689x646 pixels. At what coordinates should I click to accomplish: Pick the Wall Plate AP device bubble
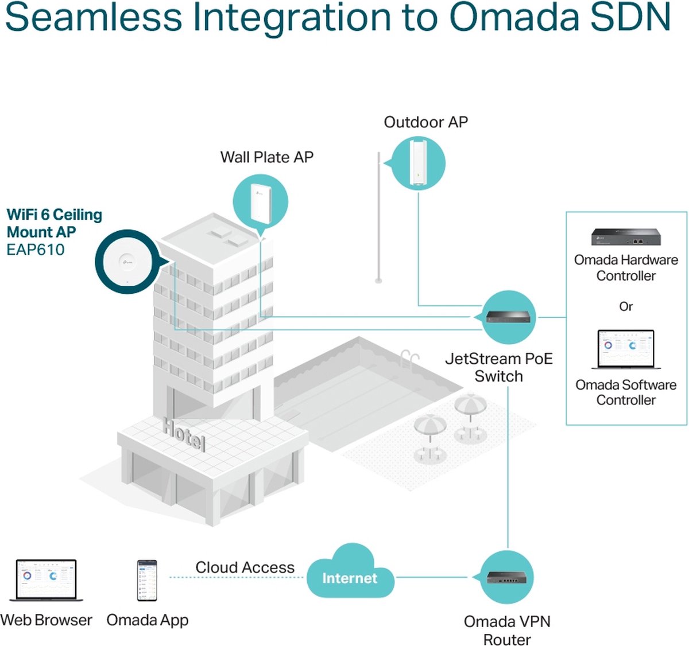coord(260,202)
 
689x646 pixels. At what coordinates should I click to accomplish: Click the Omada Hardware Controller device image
coord(626,237)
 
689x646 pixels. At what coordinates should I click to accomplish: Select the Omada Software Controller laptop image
coord(625,349)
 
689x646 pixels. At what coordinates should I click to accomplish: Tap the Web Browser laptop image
coord(46,580)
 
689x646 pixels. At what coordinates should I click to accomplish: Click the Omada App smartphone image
coord(147,580)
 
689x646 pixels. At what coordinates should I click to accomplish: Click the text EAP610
coord(36,250)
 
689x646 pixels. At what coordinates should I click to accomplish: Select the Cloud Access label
coord(245,567)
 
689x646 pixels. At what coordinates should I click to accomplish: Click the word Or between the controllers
coord(626,306)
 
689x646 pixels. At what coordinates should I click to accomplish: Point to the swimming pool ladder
coord(410,359)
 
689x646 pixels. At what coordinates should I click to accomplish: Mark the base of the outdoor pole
coord(378,280)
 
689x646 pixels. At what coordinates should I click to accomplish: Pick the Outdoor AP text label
coord(425,122)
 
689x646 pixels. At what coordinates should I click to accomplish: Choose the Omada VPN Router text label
coord(507,630)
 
